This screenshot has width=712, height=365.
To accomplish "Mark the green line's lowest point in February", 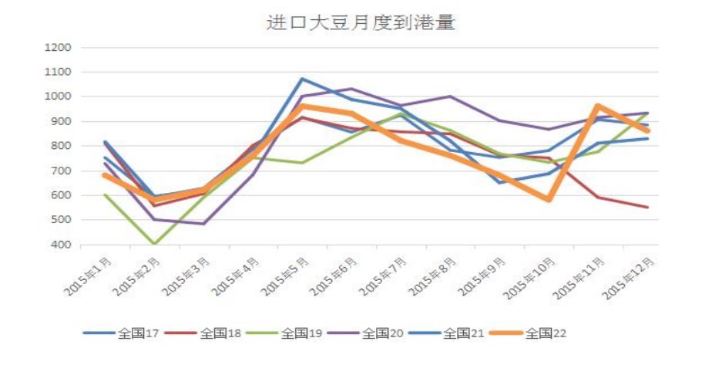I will [154, 244].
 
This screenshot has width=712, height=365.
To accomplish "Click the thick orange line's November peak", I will [598, 106].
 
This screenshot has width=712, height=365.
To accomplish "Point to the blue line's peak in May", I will [302, 79].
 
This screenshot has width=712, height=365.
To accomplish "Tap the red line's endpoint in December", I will [647, 207].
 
